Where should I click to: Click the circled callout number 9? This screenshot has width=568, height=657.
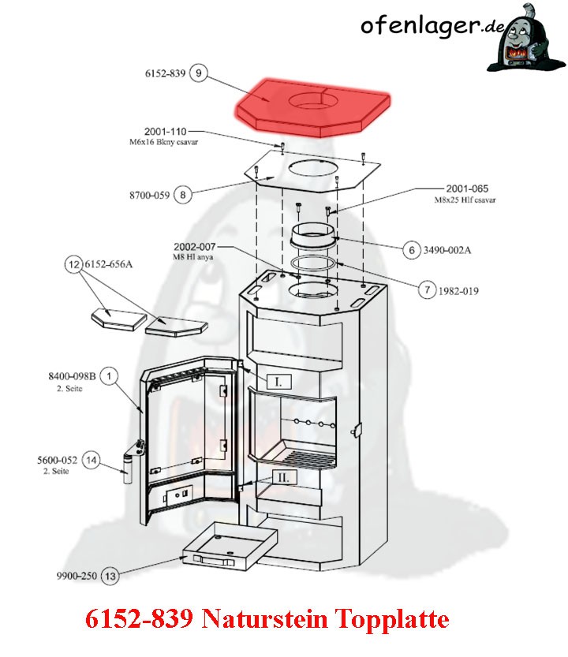[198, 73]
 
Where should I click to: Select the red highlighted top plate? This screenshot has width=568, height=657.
[312, 108]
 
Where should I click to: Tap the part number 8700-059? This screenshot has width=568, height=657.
[149, 196]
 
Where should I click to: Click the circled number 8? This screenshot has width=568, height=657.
[182, 195]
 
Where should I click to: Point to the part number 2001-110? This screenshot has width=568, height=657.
[165, 132]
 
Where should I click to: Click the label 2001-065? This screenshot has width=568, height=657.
[467, 189]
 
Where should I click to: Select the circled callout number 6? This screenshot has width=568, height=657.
[412, 250]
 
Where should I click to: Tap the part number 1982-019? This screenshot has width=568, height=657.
[458, 291]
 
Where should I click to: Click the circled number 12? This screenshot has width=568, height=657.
[74, 264]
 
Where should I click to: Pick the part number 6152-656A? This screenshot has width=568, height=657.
[109, 264]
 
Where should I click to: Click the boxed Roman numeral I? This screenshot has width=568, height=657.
[278, 382]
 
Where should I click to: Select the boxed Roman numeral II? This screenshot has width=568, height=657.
[284, 478]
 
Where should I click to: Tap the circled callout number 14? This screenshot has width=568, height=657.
[91, 461]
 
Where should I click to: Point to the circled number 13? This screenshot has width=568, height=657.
[110, 576]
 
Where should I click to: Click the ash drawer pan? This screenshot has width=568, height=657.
[230, 546]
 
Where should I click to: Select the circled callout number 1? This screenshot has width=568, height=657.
[109, 376]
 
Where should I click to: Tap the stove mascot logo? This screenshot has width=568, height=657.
[526, 39]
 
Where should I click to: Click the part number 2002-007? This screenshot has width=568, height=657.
[195, 247]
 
